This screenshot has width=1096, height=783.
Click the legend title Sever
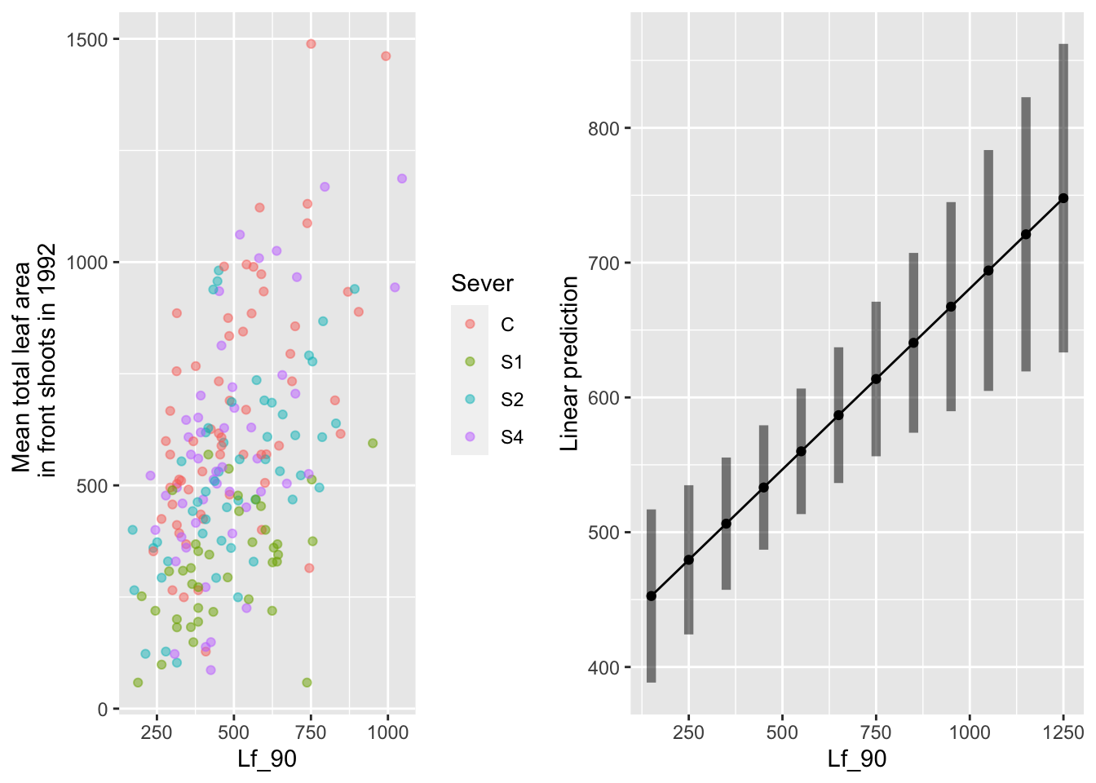[482, 284]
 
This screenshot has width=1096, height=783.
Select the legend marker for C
[470, 325]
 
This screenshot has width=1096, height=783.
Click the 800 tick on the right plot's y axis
[603, 129]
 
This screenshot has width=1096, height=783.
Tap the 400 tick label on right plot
[603, 668]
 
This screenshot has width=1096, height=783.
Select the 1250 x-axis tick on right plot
[1063, 732]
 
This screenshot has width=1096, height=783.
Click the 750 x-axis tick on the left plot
[311, 732]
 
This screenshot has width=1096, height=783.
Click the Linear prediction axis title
[570, 364]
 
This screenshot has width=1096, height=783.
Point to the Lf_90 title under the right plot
[856, 759]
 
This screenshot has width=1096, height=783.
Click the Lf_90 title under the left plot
[267, 759]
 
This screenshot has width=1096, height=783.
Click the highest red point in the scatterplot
[311, 44]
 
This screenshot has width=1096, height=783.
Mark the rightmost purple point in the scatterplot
[401, 179]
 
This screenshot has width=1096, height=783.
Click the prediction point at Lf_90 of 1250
[1063, 198]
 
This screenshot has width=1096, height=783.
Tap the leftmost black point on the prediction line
[652, 596]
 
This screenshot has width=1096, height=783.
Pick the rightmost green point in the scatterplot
[373, 444]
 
